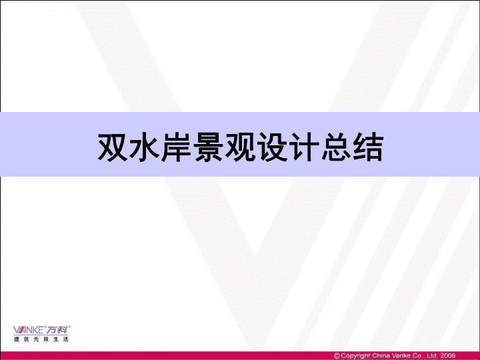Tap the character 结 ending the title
[x=368, y=147]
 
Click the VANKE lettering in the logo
[x=29, y=330]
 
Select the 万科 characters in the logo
[x=57, y=330]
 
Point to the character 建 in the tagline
[x=16, y=339]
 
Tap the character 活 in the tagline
[x=66, y=339]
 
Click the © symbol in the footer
[x=337, y=356]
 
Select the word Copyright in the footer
[x=356, y=356]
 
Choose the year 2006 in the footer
[x=447, y=356]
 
